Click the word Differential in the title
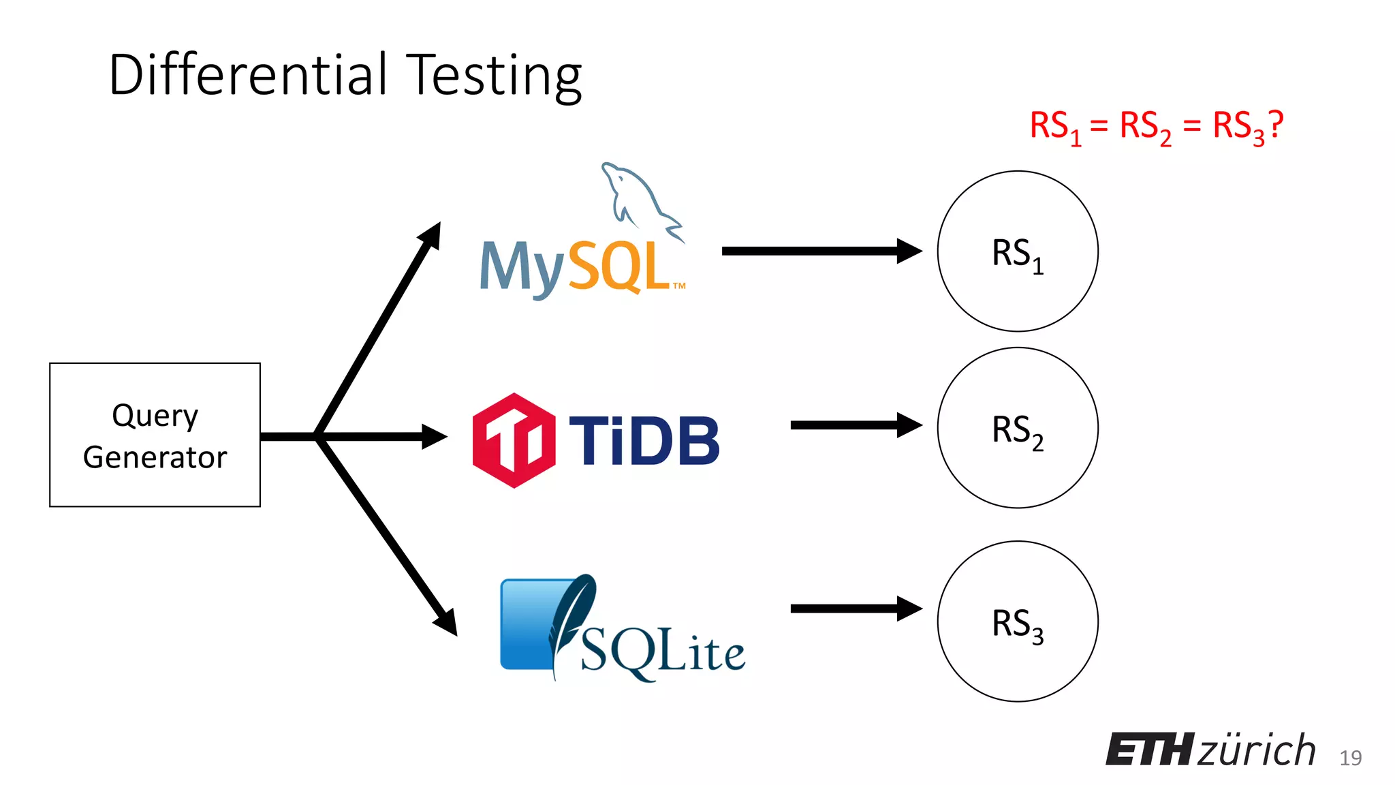(x=248, y=74)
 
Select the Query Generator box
(x=155, y=435)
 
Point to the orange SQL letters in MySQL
(x=617, y=267)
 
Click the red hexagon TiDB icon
(x=514, y=440)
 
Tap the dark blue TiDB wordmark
(x=644, y=442)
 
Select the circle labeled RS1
(x=1018, y=251)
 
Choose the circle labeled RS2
(x=1018, y=428)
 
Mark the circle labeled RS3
(x=1018, y=621)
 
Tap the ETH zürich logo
(x=1210, y=750)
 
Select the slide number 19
(x=1350, y=758)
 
